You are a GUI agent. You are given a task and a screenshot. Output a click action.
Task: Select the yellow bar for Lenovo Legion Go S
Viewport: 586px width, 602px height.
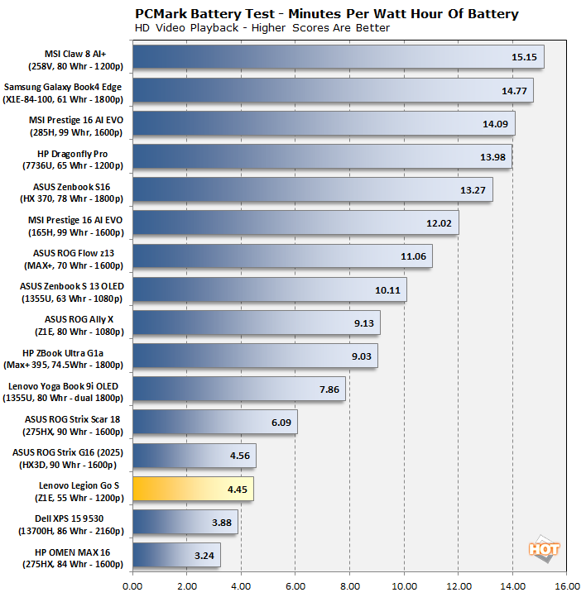tap(192, 490)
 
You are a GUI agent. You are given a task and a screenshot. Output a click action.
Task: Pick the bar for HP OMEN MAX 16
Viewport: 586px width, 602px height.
tap(176, 555)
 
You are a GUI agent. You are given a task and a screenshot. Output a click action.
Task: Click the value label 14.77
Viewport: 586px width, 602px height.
tap(510, 91)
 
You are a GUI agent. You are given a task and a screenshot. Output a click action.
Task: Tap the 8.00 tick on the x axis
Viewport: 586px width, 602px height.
tap(349, 586)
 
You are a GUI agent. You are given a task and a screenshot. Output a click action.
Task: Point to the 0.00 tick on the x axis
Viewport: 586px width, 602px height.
tap(132, 586)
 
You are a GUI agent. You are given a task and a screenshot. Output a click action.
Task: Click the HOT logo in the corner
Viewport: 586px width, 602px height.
tap(546, 550)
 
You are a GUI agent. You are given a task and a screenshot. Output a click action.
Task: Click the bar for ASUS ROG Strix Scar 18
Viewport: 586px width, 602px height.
tap(214, 423)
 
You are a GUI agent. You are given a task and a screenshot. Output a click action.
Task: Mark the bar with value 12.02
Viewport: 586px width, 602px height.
tap(295, 223)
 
